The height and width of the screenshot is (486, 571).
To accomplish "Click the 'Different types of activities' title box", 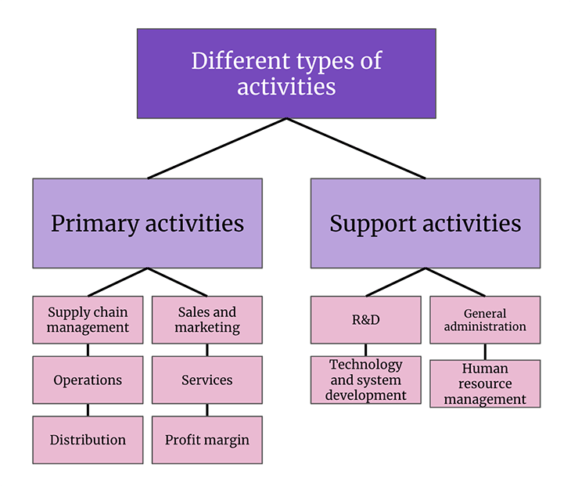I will pos(286,74).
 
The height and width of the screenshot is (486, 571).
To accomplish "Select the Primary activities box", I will pos(147,223).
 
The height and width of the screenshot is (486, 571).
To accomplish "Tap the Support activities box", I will pos(425,223).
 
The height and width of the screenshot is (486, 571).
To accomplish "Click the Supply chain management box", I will pos(88,319).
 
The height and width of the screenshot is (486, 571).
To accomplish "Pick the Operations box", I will pos(88,380).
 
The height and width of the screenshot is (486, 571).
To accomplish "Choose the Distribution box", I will pos(88,440).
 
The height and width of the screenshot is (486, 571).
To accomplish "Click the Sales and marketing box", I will pos(207,319).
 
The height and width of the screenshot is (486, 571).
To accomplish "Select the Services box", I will pos(207,380).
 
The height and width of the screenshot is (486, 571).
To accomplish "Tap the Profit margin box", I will pos(207,440).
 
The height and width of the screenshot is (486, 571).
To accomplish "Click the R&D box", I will pos(365,319).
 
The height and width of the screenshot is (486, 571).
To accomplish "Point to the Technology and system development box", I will pos(365,380).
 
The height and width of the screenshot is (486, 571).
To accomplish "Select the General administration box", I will pos(485,319).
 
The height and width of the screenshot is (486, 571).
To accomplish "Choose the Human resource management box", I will pos(485,383).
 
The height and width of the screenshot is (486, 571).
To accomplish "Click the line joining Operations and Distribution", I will pos(88,410).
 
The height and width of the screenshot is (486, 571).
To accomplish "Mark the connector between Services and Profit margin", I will pos(207,410).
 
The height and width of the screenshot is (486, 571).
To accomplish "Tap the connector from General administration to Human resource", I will pos(485,351).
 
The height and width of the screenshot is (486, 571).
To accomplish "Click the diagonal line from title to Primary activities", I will pos(217,149).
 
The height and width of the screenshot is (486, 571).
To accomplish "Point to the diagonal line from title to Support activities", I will pos(356,149).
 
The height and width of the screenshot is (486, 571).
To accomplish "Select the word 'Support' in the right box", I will pos(368,224).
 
